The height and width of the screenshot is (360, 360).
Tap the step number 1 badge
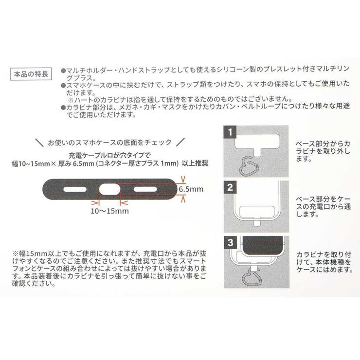[x=230, y=132]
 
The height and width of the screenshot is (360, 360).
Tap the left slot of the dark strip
[x=75, y=188]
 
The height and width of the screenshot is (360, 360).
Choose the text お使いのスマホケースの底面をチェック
[x=109, y=142]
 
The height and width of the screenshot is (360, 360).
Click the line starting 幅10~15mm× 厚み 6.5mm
[x=105, y=163]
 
